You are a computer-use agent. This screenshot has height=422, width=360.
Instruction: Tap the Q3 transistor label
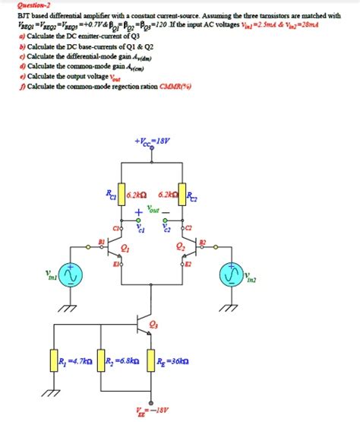[155, 325]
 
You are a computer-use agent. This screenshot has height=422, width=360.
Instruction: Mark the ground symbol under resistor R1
[53, 392]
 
